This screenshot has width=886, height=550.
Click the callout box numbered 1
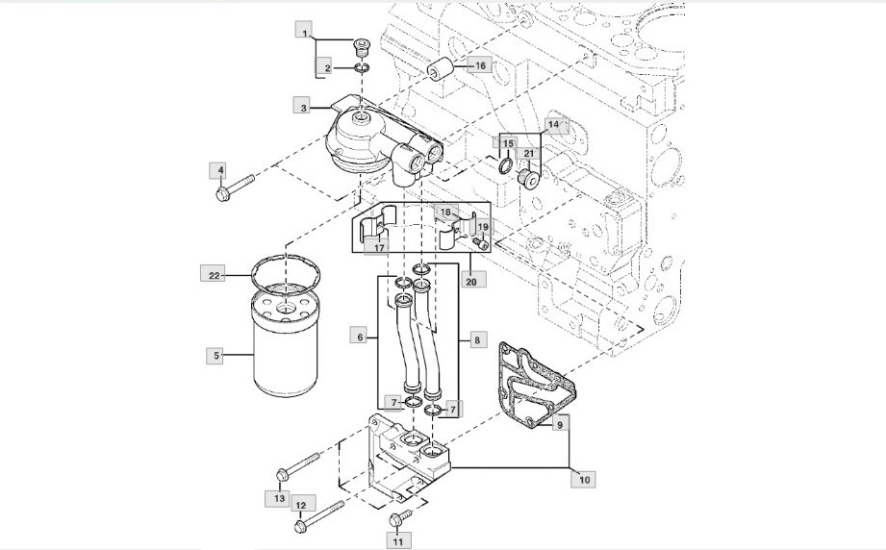(304, 35)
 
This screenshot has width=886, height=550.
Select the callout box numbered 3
(304, 109)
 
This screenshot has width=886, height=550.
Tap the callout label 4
(220, 171)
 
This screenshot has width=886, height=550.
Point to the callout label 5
(216, 356)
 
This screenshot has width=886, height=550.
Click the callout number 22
(215, 276)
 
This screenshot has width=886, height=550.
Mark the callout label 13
(279, 497)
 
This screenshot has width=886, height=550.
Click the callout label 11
(395, 541)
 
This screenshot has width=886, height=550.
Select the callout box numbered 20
(470, 281)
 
